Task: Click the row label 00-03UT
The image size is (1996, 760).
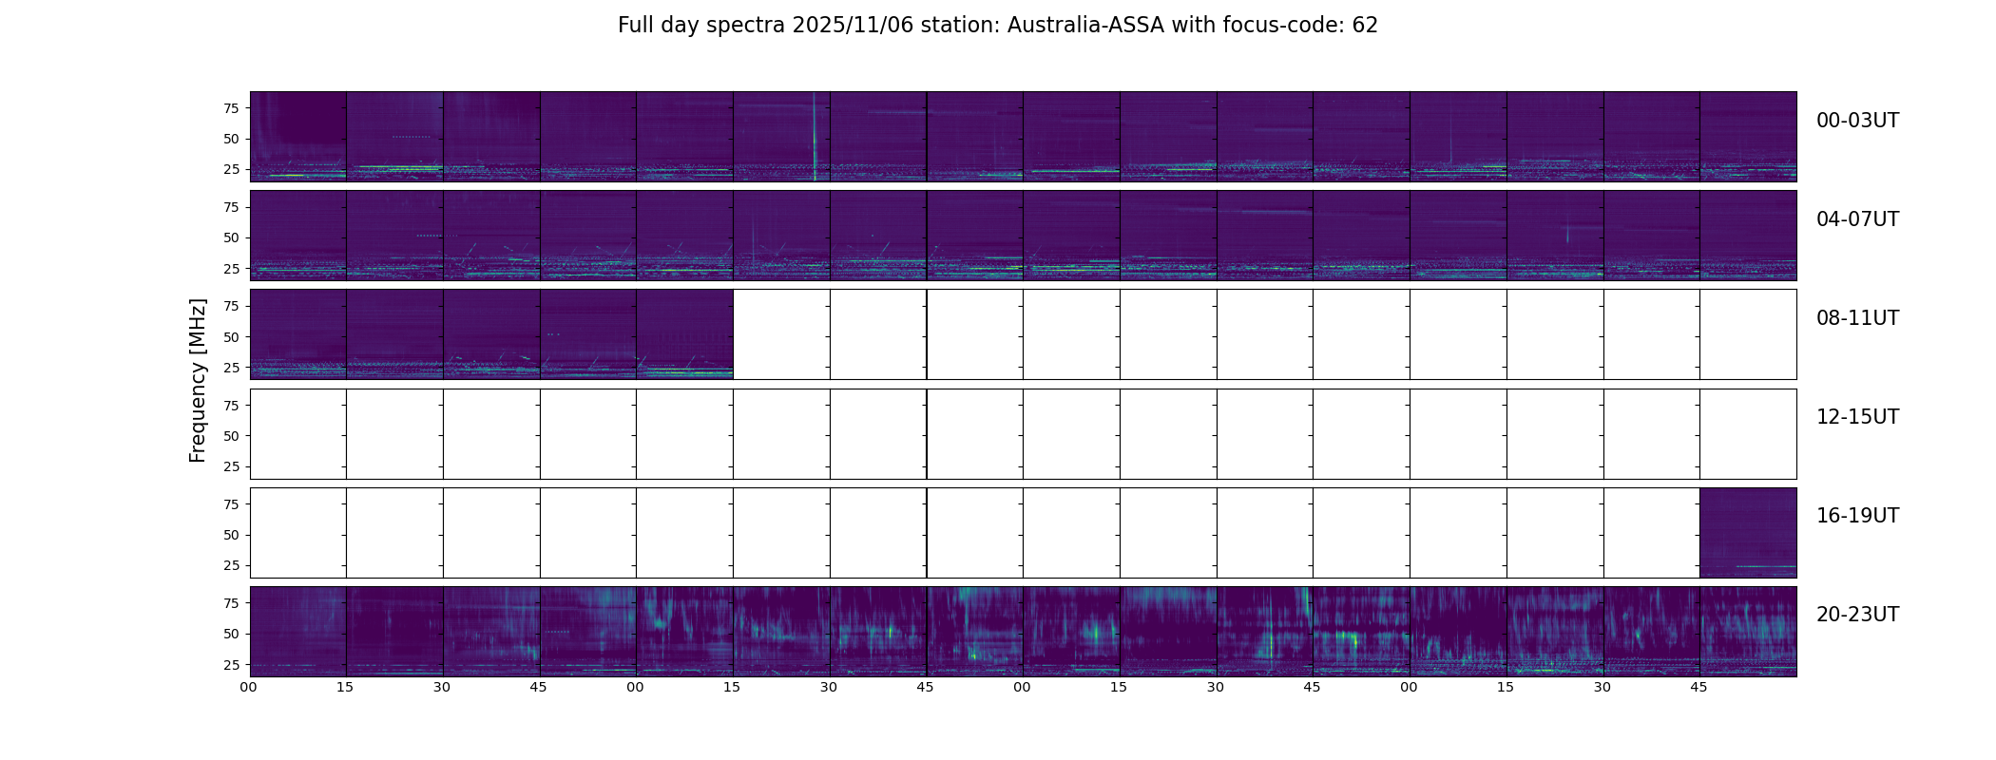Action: pyautogui.click(x=1857, y=121)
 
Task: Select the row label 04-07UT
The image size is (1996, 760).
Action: pyautogui.click(x=1857, y=219)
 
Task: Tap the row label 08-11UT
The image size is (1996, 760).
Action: pyautogui.click(x=1857, y=318)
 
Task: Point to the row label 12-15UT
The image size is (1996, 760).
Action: pyautogui.click(x=1857, y=417)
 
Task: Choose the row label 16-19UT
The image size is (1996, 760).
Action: pyautogui.click(x=1857, y=516)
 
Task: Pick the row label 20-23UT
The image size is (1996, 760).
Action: pyautogui.click(x=1857, y=615)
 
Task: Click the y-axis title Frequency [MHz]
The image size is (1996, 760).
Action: pyautogui.click(x=198, y=380)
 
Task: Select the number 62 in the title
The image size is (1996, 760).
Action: pyautogui.click(x=1365, y=26)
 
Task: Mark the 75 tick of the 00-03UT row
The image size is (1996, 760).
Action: pyautogui.click(x=231, y=108)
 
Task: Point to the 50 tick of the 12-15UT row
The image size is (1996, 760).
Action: pyautogui.click(x=231, y=436)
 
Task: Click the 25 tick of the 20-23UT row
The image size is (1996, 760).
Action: pyautogui.click(x=231, y=665)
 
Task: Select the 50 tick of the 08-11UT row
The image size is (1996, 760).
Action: pyautogui.click(x=231, y=337)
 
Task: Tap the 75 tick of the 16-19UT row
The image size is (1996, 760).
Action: pyautogui.click(x=231, y=504)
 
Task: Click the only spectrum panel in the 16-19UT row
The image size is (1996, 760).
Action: pyautogui.click(x=1748, y=533)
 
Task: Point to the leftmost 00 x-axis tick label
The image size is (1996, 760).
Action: pyautogui.click(x=248, y=687)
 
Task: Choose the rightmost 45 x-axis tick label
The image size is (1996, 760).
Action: pyautogui.click(x=1699, y=687)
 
